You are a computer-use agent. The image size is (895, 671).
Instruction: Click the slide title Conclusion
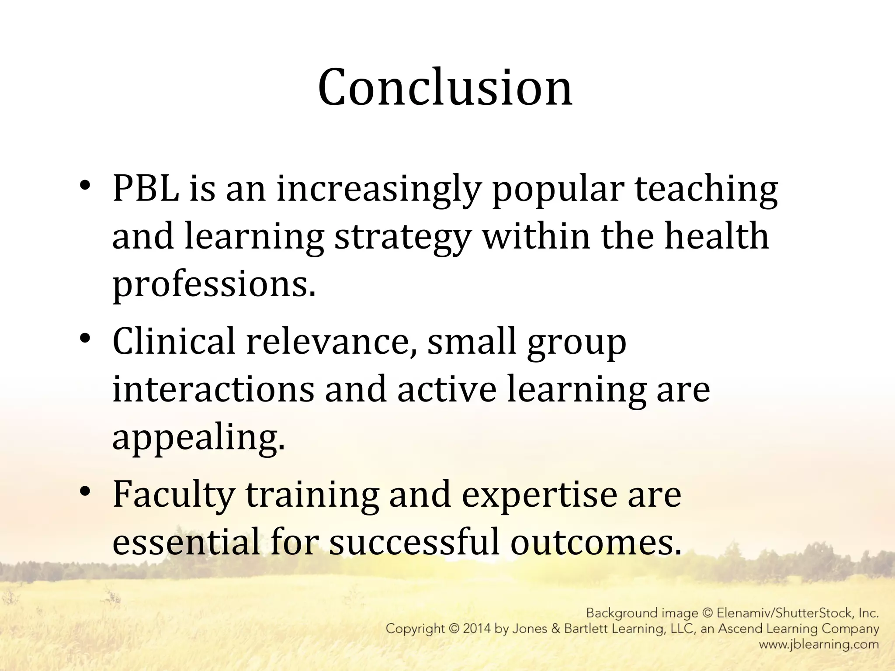[x=445, y=87]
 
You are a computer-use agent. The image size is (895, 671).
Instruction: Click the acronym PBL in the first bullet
[x=146, y=189]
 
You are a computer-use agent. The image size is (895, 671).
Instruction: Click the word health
[x=716, y=236]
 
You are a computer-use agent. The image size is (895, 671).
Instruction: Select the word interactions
[x=213, y=389]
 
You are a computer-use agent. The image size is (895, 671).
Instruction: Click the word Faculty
[x=173, y=495]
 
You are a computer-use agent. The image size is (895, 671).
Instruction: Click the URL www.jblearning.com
[x=819, y=644]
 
